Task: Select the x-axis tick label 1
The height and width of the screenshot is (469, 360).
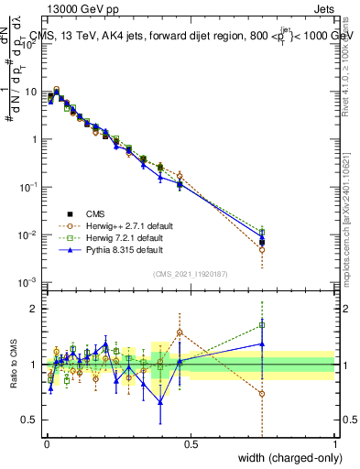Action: point(334,444)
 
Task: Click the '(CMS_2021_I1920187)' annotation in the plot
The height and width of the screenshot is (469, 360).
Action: point(190,273)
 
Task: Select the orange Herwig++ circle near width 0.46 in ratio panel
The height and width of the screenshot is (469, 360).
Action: point(180,333)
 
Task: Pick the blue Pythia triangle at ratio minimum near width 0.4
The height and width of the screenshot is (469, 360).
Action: point(160,400)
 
